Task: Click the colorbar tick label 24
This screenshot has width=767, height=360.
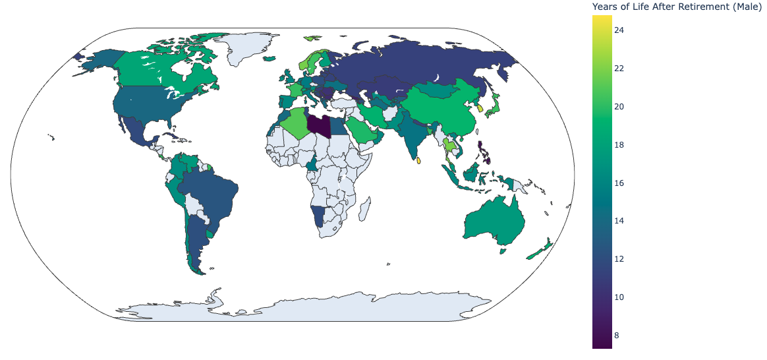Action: pos(619,30)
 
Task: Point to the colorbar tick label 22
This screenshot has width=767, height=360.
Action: pos(619,69)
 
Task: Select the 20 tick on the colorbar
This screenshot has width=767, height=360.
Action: pos(619,107)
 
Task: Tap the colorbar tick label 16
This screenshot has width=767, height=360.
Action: pos(619,183)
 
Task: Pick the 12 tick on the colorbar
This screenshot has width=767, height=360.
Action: pos(619,259)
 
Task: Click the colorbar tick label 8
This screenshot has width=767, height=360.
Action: pos(617,336)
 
